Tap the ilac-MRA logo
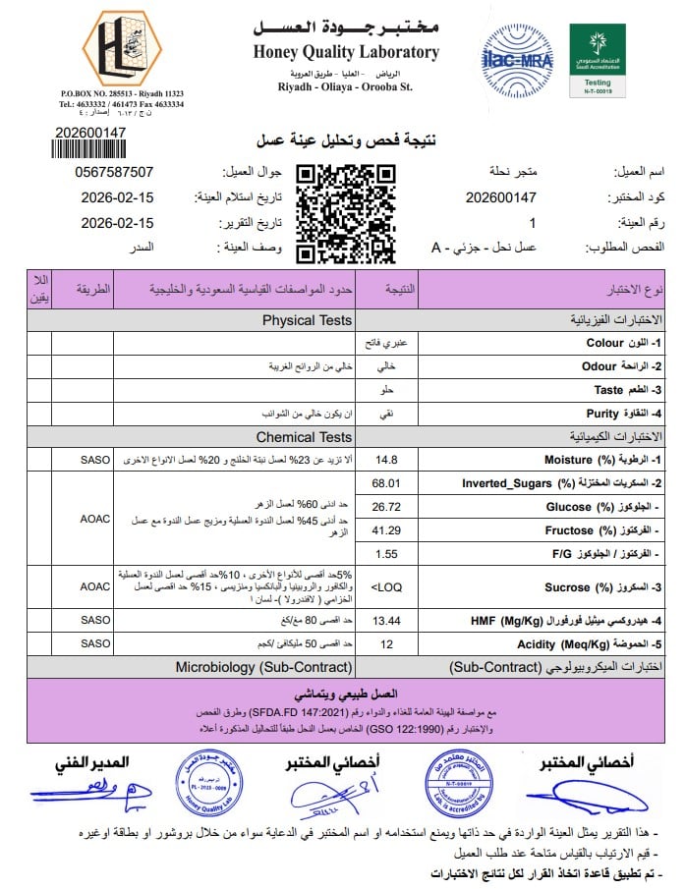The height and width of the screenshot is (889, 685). coord(517,59)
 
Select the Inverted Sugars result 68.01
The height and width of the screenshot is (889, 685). coord(386,483)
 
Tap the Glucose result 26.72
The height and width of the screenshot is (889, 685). coord(386,507)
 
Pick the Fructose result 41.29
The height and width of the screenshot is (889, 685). coord(386,530)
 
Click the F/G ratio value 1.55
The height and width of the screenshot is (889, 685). coord(386,554)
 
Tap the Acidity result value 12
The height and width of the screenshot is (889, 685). coord(386,644)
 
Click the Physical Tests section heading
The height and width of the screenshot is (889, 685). coord(307,320)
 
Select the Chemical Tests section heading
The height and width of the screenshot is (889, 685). coord(304,437)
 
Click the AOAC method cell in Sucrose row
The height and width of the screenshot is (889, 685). coord(95,586)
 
